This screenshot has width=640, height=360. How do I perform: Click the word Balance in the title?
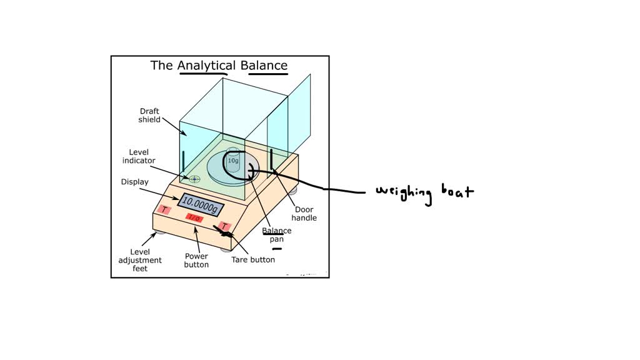tap(268, 66)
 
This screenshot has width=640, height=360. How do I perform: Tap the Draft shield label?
tap(149, 116)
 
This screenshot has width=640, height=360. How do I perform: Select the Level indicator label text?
tap(139, 156)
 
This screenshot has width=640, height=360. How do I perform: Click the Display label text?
tap(134, 182)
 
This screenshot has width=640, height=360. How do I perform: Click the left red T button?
tap(164, 209)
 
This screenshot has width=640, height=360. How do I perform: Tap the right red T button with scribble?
tap(225, 227)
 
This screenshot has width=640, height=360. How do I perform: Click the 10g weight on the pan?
tap(233, 161)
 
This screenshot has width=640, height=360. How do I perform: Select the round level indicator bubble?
tap(195, 179)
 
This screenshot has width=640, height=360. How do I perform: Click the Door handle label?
tap(306, 214)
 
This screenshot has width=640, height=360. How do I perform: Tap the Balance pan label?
tap(277, 234)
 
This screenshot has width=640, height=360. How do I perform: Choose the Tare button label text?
tap(253, 259)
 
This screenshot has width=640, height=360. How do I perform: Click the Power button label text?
tap(196, 260)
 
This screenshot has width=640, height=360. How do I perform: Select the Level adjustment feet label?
tap(141, 260)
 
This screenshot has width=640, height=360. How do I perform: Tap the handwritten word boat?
tap(457, 191)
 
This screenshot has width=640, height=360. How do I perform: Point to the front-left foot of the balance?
tap(160, 233)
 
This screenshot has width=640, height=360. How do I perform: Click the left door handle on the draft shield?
tap(183, 164)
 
